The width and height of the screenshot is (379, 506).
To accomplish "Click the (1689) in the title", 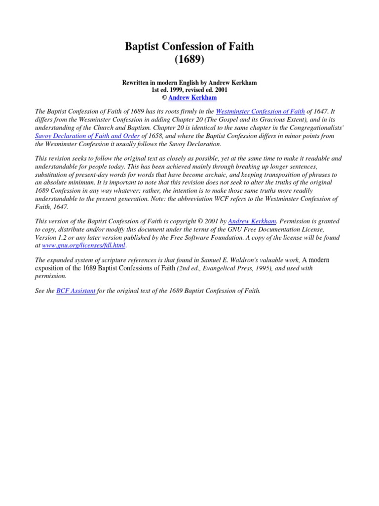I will click(189, 60).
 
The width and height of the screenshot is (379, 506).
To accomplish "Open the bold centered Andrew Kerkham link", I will click(192, 98).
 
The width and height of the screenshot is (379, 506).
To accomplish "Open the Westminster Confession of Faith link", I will click(261, 112).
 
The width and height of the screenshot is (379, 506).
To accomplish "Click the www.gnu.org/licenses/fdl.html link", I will click(84, 245).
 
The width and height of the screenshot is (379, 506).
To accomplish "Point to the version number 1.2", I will click(62, 237).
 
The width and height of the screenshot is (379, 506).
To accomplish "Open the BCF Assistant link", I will click(76, 291).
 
